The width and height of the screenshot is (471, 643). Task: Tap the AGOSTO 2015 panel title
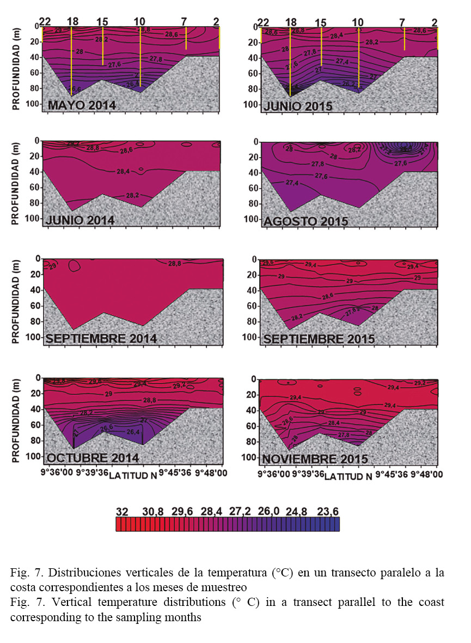coord(305,222)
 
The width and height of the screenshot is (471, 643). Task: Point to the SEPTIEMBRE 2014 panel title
coord(101,339)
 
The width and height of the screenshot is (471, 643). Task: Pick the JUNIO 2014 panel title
coord(81,220)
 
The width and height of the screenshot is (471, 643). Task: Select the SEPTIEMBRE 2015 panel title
coord(319,340)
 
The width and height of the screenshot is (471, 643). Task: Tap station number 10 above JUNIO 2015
coord(358,22)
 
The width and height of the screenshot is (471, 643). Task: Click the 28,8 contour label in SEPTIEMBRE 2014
coord(175,263)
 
